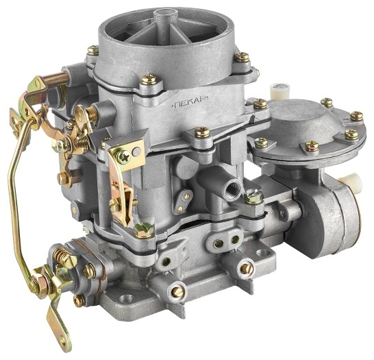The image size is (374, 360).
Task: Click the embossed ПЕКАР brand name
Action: pos(190,103)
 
